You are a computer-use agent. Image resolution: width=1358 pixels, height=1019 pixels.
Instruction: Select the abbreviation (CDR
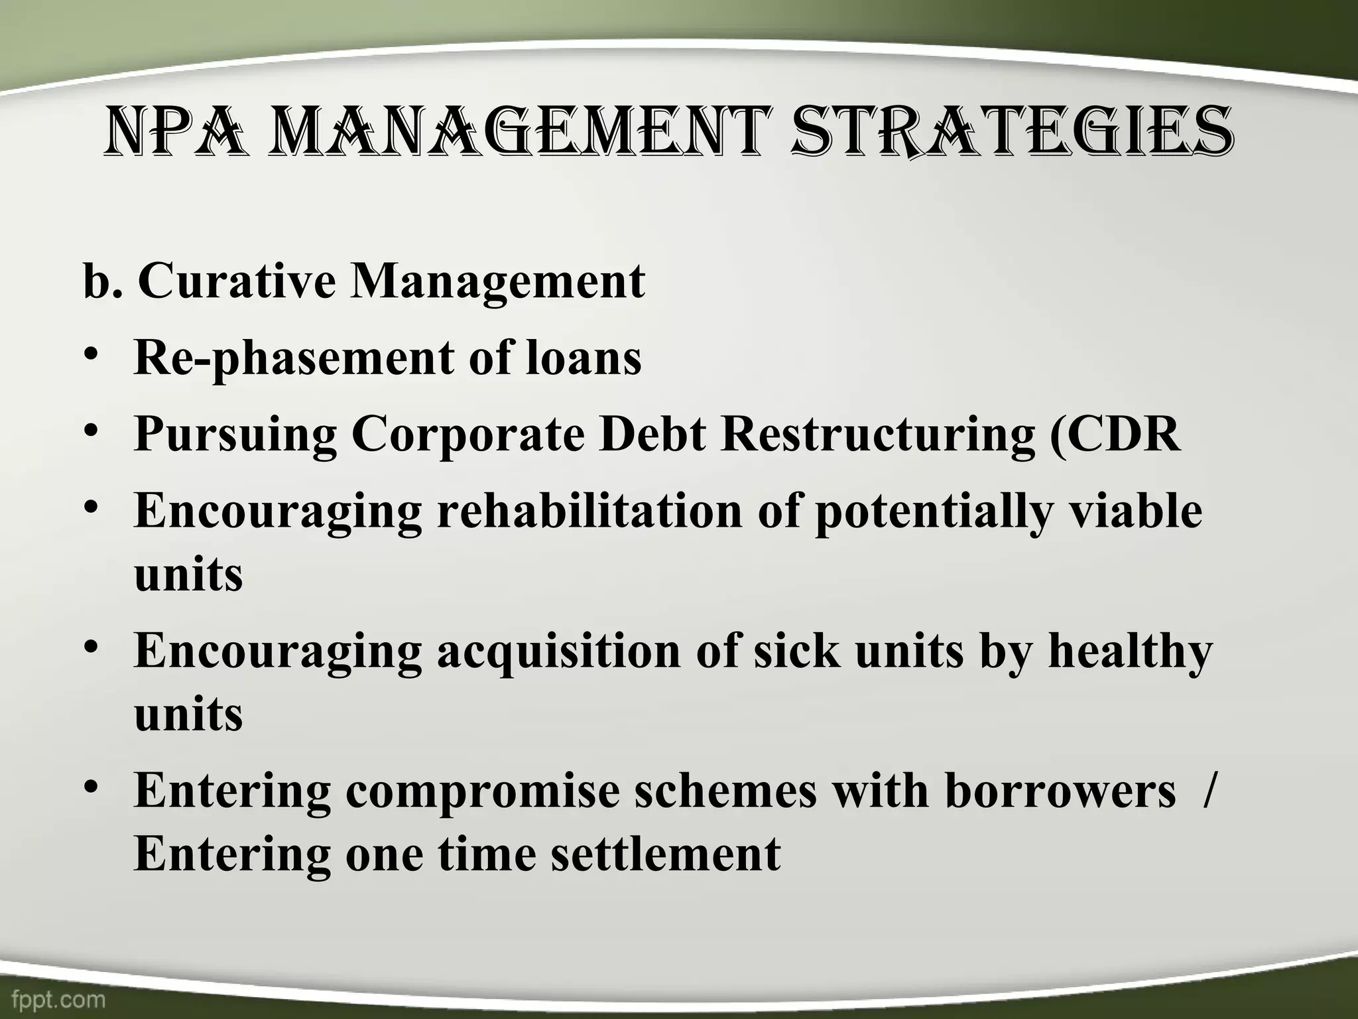click(1115, 434)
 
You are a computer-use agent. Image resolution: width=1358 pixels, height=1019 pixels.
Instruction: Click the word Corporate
click(467, 435)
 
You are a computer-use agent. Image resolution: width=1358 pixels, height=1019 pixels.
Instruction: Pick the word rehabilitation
click(589, 510)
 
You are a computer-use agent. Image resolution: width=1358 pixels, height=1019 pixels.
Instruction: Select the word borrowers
click(1060, 791)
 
